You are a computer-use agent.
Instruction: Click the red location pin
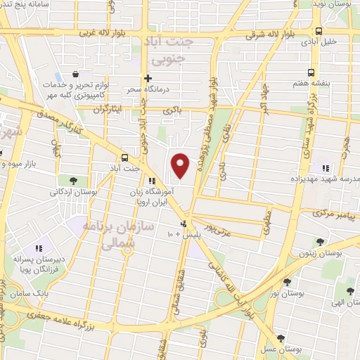(181, 165)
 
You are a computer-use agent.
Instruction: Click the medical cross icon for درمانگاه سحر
(147, 78)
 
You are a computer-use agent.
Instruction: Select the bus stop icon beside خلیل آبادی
(319, 31)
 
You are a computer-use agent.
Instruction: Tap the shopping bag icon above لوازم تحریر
(75, 73)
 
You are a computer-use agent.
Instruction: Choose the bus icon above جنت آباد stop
(124, 157)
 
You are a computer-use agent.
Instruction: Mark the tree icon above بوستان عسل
(281, 338)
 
